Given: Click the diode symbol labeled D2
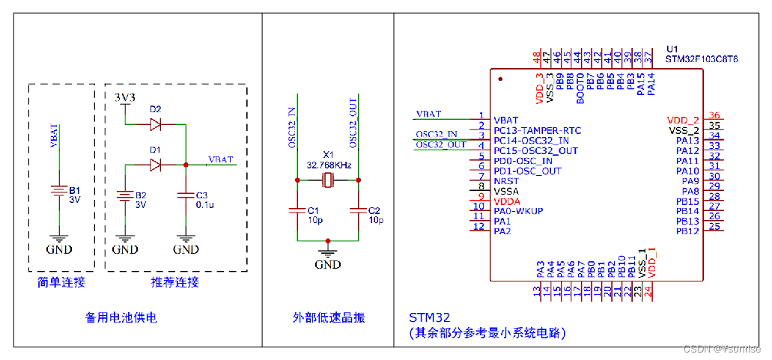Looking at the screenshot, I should tap(156, 124).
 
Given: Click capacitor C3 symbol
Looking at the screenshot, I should tap(185, 195).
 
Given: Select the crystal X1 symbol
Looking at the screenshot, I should tap(328, 180).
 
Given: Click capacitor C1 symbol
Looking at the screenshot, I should tap(297, 211).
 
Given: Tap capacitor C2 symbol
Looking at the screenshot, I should tap(359, 211).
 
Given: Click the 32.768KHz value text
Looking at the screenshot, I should tap(329, 163).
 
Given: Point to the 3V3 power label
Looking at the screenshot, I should tap(125, 98).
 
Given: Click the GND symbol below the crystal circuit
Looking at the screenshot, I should tap(327, 254).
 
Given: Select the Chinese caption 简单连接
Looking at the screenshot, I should tap(61, 282).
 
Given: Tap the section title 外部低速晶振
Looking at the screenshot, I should tap(328, 317).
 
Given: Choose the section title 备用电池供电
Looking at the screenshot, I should tap(121, 317).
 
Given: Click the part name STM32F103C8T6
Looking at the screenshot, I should tap(702, 58).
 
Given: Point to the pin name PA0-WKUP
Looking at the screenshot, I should tap(518, 211).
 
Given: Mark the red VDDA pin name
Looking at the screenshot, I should tap(507, 201).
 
